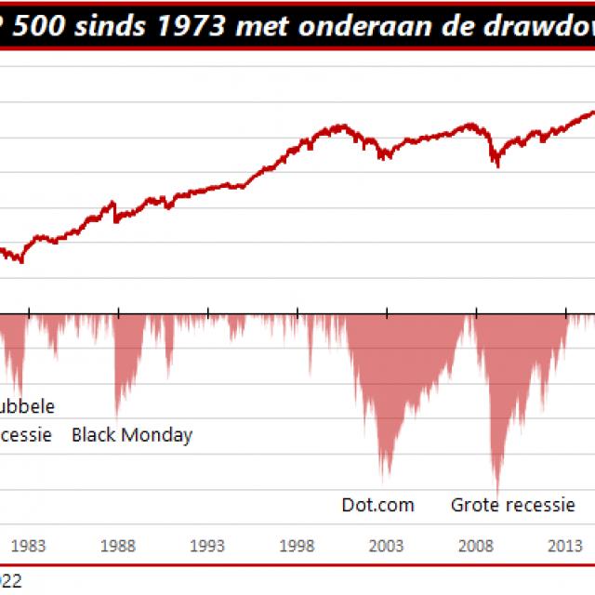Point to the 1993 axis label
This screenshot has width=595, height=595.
(x=207, y=546)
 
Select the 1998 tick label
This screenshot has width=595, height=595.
(x=297, y=546)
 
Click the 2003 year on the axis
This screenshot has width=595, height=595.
(x=387, y=546)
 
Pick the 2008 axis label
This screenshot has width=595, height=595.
(x=476, y=546)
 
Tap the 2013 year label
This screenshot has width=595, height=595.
(x=566, y=546)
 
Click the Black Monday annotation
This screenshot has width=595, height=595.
(x=132, y=434)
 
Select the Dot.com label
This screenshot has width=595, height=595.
(x=377, y=505)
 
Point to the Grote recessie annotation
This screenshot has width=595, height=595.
(x=513, y=505)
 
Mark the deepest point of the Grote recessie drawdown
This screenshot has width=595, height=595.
(x=497, y=496)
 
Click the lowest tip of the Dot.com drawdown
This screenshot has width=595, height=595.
(x=382, y=479)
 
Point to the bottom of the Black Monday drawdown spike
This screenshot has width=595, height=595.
(x=117, y=416)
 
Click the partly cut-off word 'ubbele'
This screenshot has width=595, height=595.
(x=28, y=406)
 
